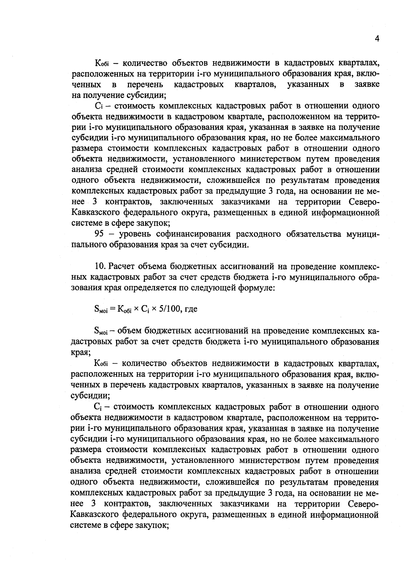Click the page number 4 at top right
(377, 39)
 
